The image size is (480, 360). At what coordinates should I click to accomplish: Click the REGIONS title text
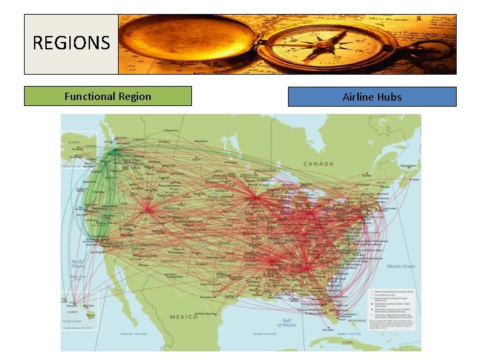71,44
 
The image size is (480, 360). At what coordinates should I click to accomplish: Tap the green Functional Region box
107,96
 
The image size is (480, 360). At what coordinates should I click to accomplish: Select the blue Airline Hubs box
372,97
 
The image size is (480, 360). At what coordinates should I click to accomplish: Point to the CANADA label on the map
319,163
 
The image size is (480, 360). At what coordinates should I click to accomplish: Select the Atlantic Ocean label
399,266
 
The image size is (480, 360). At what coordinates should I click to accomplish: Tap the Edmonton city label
173,129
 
